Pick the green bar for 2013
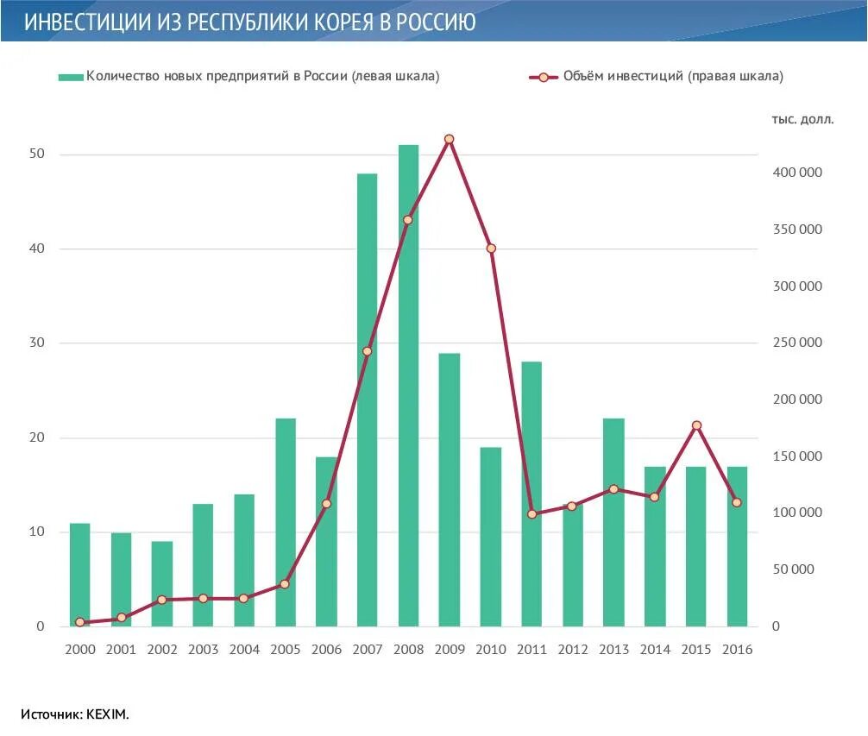click(x=613, y=522)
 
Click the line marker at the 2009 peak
click(x=449, y=139)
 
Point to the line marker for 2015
click(x=696, y=425)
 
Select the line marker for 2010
click(x=491, y=248)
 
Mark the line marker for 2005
click(x=285, y=584)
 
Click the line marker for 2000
click(x=79, y=622)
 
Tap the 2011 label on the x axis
click(x=531, y=650)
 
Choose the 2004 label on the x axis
click(x=244, y=650)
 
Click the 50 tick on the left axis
click(x=35, y=154)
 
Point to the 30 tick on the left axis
click(x=35, y=343)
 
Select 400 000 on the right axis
click(x=797, y=173)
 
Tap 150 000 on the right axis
click(x=797, y=456)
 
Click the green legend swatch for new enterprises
click(x=71, y=77)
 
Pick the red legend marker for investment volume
click(x=544, y=77)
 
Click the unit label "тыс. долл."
click(x=802, y=120)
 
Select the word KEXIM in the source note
click(x=107, y=714)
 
